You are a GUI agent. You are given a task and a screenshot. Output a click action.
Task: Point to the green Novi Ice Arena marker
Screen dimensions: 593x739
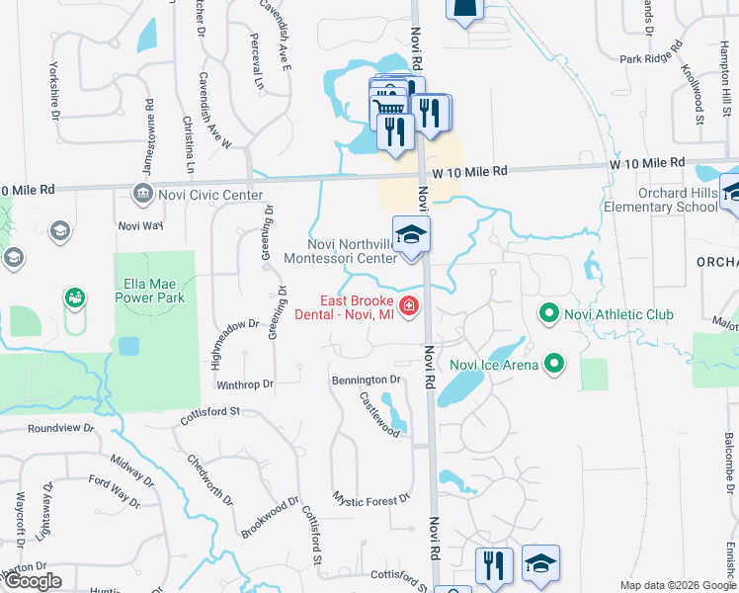(x=554, y=365)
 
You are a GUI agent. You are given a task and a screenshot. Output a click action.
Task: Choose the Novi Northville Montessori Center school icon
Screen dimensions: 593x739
(x=412, y=236)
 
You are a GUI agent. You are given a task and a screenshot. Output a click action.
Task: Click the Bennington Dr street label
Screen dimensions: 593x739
(x=367, y=380)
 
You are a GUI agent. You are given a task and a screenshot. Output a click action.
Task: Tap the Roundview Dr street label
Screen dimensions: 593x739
(x=60, y=429)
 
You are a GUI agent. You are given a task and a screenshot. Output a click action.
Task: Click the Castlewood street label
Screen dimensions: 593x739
(x=379, y=413)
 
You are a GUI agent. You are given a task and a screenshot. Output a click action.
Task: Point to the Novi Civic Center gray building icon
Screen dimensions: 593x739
(x=144, y=193)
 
